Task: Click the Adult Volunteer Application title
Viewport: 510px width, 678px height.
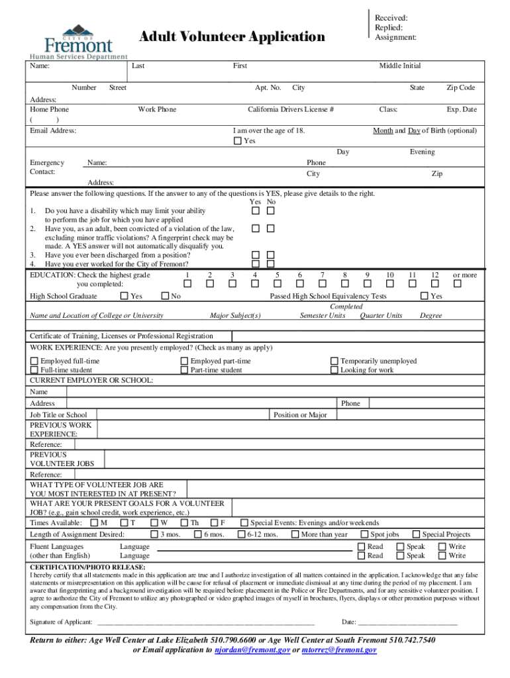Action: tap(232, 37)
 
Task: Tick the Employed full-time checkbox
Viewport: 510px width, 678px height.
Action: tap(34, 362)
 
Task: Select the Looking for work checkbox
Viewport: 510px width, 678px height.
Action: tap(334, 371)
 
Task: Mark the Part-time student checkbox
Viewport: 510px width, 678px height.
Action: tap(184, 371)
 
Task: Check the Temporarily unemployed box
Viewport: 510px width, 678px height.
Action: tap(334, 362)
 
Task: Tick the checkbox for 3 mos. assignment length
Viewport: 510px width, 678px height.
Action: tap(154, 534)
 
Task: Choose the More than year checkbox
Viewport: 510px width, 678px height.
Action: tap(295, 534)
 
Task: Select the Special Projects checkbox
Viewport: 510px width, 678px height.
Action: tap(416, 534)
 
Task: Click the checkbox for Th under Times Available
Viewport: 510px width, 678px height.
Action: tap(184, 523)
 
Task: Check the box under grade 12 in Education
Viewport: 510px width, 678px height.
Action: tap(434, 284)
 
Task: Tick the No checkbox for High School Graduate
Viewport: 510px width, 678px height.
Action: tap(166, 297)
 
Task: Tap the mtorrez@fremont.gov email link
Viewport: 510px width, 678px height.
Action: tap(339, 651)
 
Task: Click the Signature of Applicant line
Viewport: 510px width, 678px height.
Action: tap(205, 622)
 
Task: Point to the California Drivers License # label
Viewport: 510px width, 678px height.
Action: tap(291, 109)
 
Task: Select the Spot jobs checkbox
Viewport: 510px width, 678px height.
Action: tap(364, 534)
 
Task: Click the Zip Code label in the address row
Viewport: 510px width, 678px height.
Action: tap(460, 87)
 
